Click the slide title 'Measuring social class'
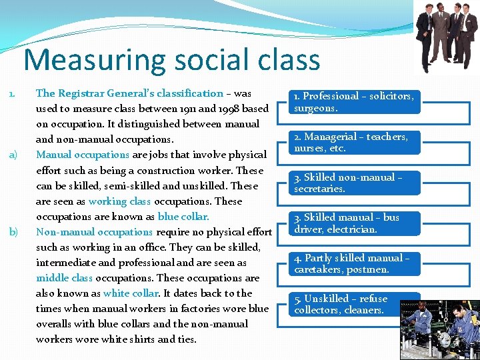(172, 59)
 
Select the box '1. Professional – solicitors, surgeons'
(353, 101)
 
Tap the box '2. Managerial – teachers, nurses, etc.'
(353, 142)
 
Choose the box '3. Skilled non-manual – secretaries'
(353, 183)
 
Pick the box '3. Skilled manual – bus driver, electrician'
(353, 223)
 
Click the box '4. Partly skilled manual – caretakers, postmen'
(353, 264)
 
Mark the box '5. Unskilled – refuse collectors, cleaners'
(353, 305)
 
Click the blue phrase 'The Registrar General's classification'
(129, 93)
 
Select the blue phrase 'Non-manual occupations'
(94, 232)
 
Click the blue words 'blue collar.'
(183, 217)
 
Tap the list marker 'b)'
(12, 232)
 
